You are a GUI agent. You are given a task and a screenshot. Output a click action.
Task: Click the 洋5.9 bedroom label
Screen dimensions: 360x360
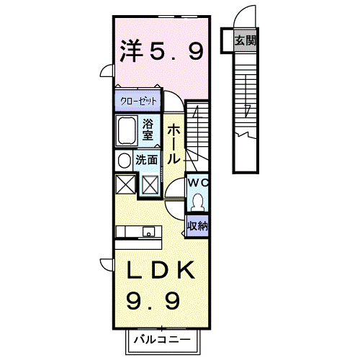(x=161, y=50)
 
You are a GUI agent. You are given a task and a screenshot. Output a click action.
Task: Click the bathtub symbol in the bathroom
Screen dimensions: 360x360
(x=128, y=131)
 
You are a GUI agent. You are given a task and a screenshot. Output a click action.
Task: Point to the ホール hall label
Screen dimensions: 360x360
(x=174, y=143)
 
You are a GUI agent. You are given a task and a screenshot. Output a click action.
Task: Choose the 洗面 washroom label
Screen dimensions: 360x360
(x=147, y=160)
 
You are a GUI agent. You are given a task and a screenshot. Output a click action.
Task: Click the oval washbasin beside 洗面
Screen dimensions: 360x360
(x=123, y=160)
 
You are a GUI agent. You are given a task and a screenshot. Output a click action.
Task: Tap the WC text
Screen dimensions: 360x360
(x=197, y=183)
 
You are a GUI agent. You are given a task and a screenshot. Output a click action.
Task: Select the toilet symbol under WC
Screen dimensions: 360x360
(x=198, y=199)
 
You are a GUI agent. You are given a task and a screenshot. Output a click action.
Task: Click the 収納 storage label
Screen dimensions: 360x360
(x=198, y=225)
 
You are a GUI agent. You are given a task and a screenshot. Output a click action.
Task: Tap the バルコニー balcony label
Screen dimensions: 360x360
(x=161, y=338)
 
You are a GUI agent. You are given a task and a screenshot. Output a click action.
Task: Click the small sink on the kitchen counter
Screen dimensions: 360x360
(x=148, y=232)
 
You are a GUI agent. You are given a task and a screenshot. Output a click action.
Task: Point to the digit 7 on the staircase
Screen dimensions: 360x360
(x=247, y=110)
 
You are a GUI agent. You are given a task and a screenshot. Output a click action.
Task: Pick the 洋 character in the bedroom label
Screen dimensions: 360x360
(x=130, y=50)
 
